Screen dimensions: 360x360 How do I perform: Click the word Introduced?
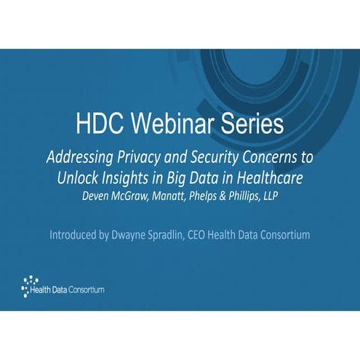pyautogui.click(x=79, y=236)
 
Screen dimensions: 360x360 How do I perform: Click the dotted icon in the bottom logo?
pyautogui.click(x=28, y=286)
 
